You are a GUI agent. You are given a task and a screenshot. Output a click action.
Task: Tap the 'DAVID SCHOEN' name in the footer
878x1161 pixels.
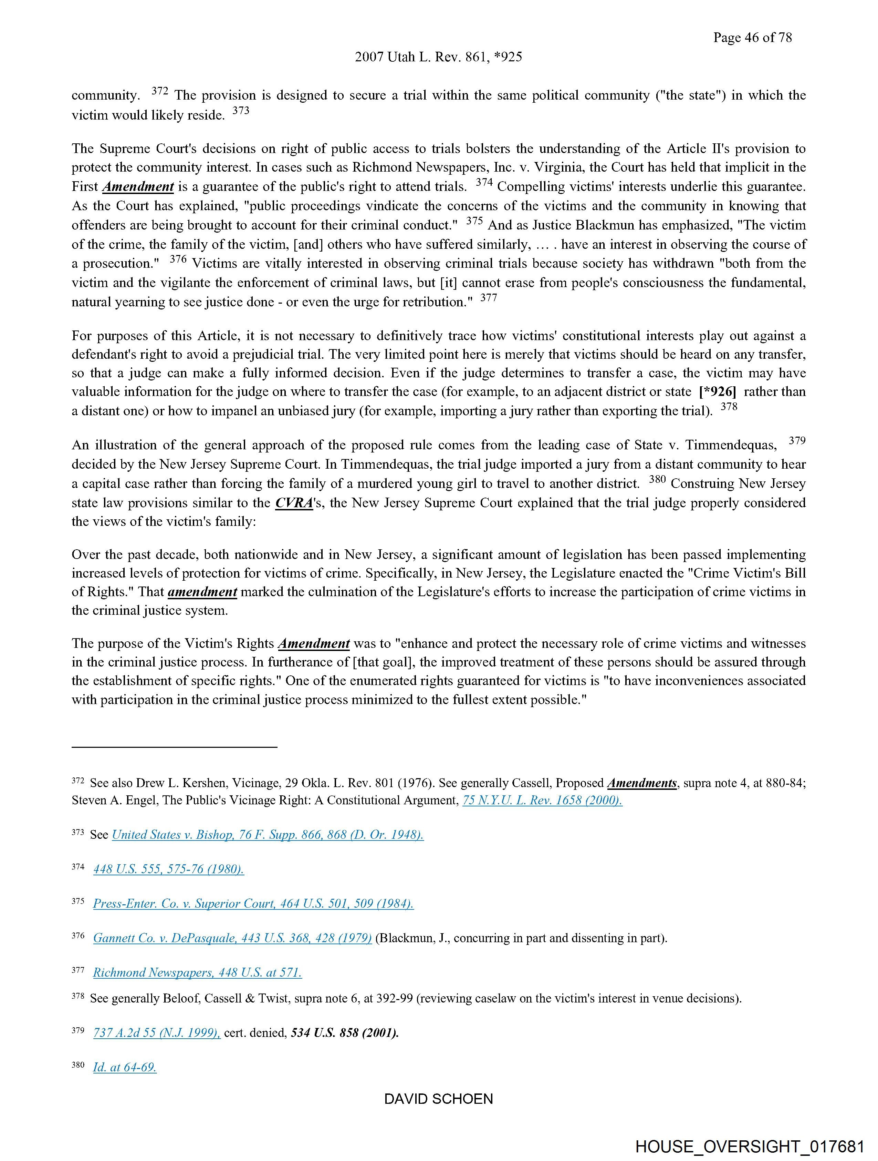(438, 1099)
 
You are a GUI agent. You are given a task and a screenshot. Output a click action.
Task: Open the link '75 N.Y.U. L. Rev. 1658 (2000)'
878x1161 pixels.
(542, 801)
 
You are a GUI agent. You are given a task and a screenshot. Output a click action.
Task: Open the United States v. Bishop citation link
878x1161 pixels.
(268, 835)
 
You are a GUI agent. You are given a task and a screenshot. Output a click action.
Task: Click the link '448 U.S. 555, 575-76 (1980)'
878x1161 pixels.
(168, 869)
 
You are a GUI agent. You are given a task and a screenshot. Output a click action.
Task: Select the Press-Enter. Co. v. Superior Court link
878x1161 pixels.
(253, 904)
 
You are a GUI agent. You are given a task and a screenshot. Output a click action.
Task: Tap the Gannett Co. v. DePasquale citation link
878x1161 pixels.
(232, 938)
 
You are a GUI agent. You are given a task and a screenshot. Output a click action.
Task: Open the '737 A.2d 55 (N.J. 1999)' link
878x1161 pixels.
(157, 1033)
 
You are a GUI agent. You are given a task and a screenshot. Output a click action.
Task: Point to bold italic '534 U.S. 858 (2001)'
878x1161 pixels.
(345, 1033)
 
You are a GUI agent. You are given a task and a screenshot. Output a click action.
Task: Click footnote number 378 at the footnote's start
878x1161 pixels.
(77, 996)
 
